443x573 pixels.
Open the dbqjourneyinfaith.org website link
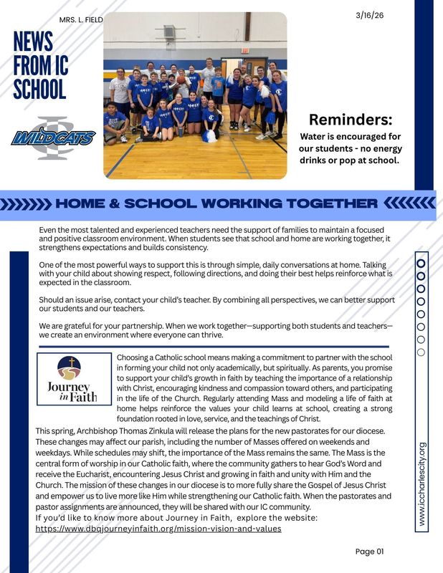tap(158, 529)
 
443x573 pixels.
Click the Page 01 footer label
tap(370, 551)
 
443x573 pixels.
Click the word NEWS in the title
tap(33, 42)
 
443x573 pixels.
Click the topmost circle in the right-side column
tap(421, 263)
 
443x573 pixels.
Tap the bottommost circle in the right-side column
tap(421, 352)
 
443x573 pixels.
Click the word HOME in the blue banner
tap(86, 203)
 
